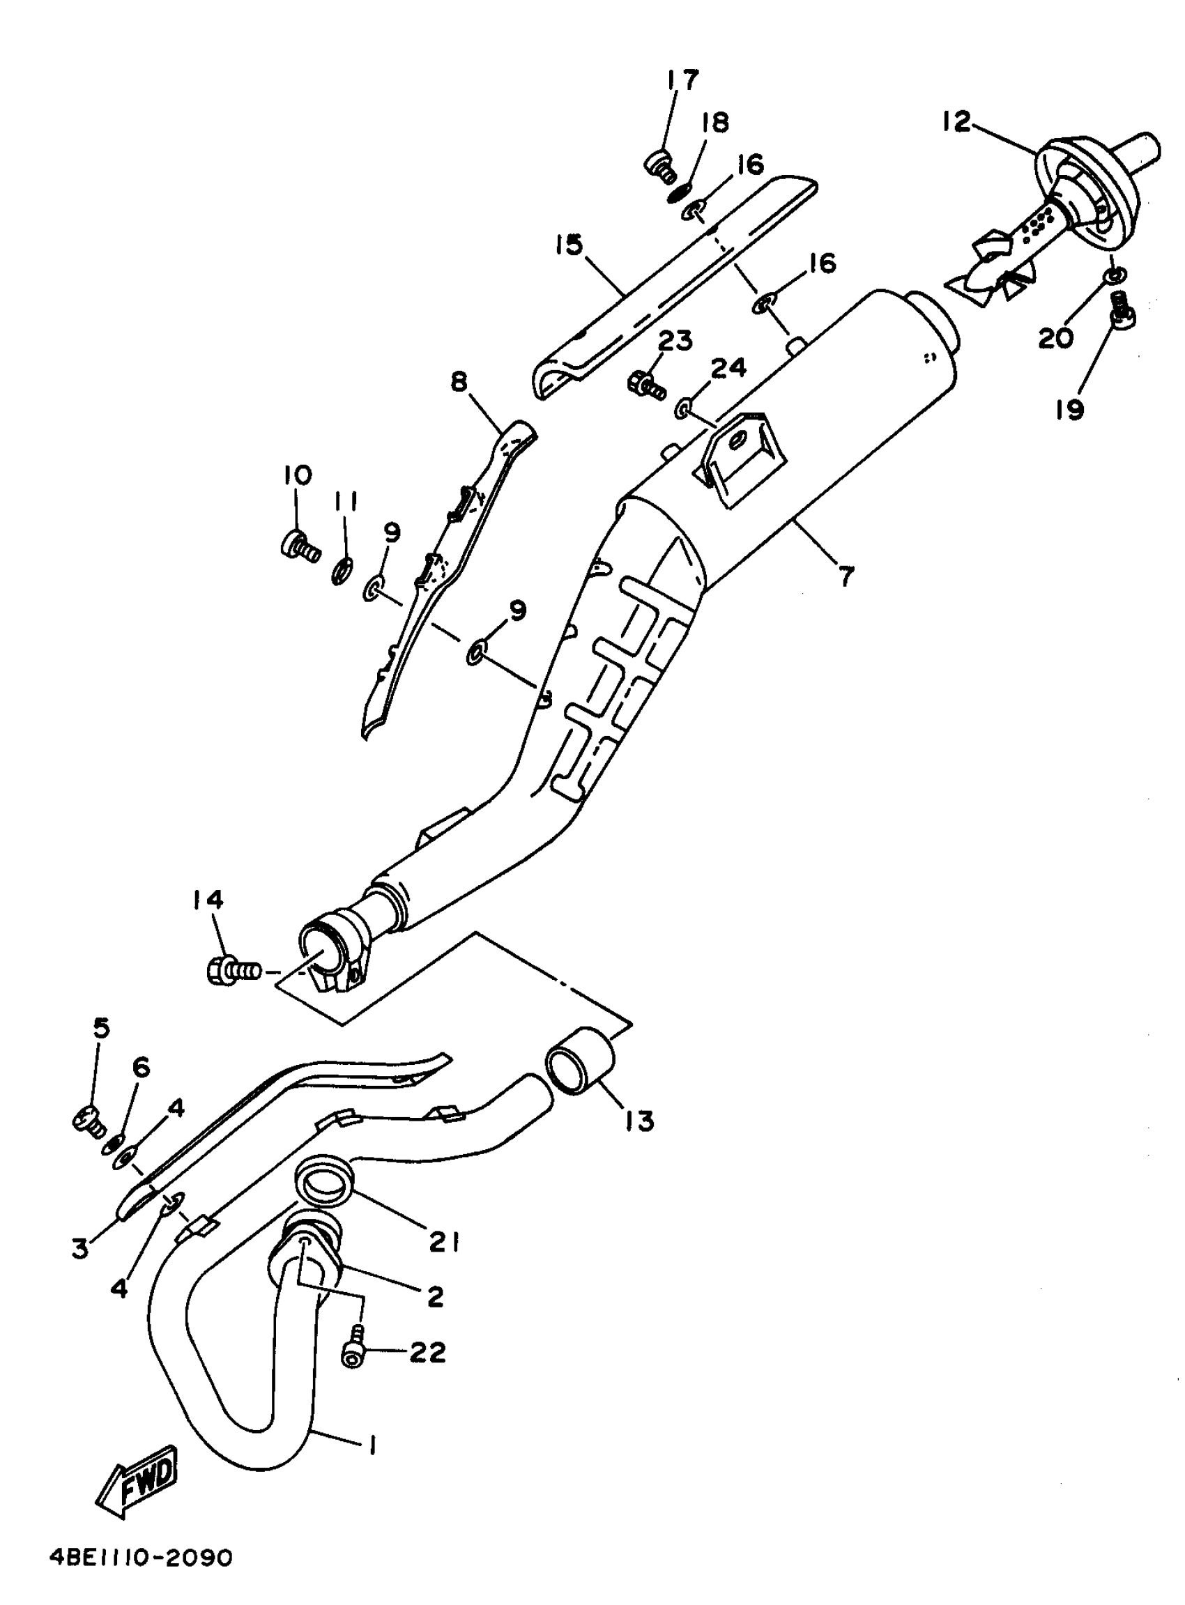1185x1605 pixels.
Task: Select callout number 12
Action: pyautogui.click(x=956, y=121)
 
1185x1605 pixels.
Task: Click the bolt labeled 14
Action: pyautogui.click(x=232, y=971)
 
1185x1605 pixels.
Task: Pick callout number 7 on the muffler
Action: pyautogui.click(x=846, y=574)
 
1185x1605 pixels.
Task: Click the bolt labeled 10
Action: pyautogui.click(x=298, y=547)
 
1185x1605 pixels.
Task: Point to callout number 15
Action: pyautogui.click(x=569, y=245)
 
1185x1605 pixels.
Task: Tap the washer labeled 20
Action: pyautogui.click(x=1114, y=275)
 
